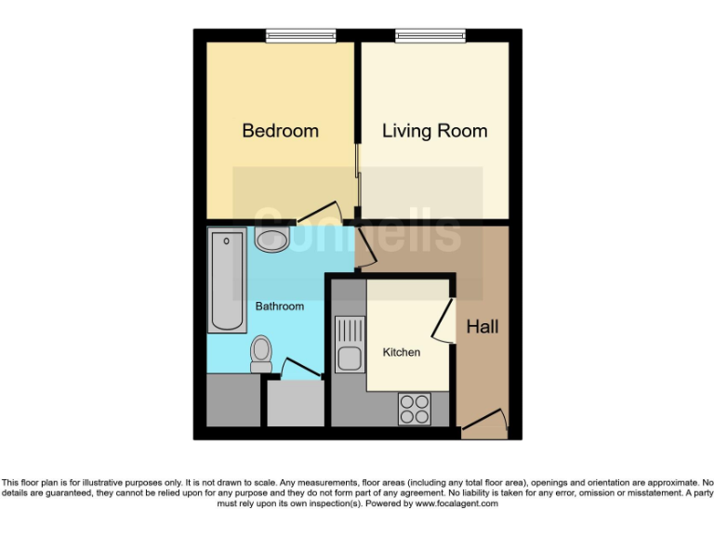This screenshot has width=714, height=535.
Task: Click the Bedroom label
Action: [280, 131]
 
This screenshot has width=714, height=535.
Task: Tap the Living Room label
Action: [434, 131]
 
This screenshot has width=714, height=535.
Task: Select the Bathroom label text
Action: [279, 306]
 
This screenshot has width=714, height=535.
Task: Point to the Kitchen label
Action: [402, 352]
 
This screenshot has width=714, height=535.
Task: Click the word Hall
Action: [483, 327]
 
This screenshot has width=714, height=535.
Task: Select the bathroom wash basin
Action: [271, 239]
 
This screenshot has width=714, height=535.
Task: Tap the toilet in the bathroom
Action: [260, 353]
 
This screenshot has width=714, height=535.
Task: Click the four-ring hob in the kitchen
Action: [415, 408]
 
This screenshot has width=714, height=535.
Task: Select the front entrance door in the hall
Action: [485, 424]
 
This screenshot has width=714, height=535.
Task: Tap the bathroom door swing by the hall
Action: [365, 248]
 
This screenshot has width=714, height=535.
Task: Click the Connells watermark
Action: [358, 232]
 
